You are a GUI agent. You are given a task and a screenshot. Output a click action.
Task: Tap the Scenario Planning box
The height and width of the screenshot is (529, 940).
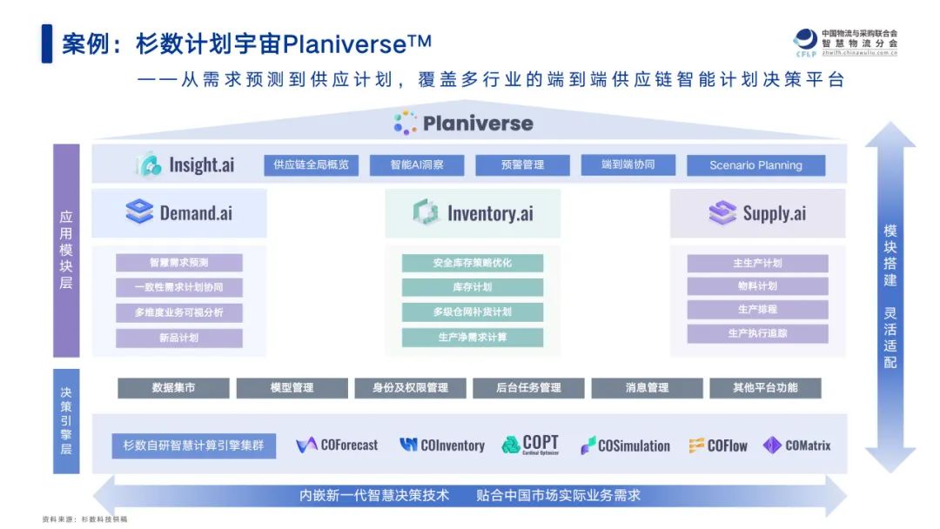coord(755,165)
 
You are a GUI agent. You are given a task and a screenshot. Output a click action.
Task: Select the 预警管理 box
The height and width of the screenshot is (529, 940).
coord(522,164)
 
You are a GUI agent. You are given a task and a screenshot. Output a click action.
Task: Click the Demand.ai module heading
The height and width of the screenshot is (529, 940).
coord(179,212)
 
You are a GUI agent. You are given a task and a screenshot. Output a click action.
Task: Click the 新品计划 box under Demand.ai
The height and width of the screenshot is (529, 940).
coord(179,338)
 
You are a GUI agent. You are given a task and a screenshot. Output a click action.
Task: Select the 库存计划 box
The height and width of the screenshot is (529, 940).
coord(473,287)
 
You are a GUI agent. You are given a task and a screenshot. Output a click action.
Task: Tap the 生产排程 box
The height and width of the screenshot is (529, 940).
coord(757,309)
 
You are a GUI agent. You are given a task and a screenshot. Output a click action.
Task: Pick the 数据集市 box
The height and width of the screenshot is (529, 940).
coord(174,388)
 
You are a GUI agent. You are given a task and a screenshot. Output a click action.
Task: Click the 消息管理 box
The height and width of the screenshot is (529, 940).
coord(647,388)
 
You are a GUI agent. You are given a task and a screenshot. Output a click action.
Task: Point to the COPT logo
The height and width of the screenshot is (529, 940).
coord(530,445)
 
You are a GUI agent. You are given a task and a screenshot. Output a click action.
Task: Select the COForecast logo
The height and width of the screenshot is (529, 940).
coord(337,445)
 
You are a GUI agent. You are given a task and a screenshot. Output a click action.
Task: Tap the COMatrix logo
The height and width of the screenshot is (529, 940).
coord(796,445)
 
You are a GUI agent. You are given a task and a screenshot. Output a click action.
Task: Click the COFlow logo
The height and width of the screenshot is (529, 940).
coord(718,445)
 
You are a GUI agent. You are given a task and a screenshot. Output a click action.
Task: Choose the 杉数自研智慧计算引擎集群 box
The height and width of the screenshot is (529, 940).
coord(194,445)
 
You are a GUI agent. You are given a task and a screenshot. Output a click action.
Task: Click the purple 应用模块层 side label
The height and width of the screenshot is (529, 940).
coord(66,251)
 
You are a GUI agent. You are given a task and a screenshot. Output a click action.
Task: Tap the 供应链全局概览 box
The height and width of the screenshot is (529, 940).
coord(311,164)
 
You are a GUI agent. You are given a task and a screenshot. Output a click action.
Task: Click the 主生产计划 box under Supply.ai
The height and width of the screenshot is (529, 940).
coord(757,263)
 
